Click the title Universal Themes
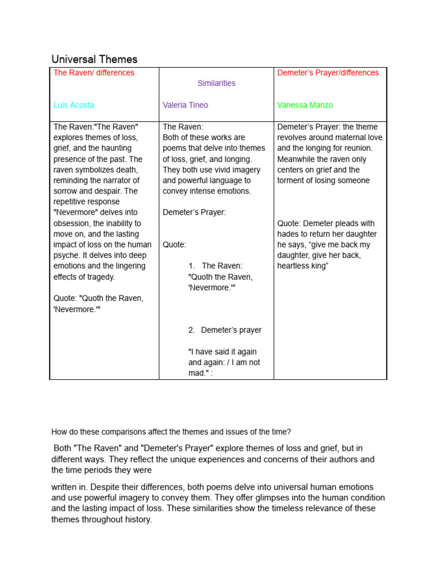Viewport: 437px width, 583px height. [x=94, y=59]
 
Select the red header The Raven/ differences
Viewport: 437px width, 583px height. [x=94, y=73]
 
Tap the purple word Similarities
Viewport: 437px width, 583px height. [x=216, y=83]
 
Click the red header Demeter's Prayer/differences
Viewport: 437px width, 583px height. [x=328, y=73]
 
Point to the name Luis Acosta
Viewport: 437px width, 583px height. [x=74, y=105]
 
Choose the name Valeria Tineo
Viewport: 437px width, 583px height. [x=185, y=105]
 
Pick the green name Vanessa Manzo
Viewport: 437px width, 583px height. [x=305, y=105]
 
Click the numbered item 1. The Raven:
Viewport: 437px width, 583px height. [x=216, y=266]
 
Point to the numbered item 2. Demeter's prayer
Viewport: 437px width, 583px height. [x=225, y=330]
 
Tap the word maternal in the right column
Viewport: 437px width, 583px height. [x=340, y=138]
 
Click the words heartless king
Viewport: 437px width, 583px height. [x=303, y=266]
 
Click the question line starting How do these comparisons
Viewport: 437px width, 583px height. [x=171, y=432]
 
